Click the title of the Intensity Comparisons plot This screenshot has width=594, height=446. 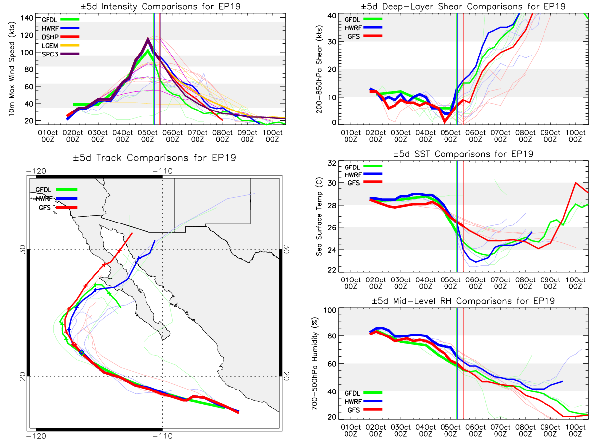pyautogui.click(x=160, y=6)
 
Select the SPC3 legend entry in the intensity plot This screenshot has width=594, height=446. pyautogui.click(x=60, y=54)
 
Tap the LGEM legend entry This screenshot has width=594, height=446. pyautogui.click(x=60, y=45)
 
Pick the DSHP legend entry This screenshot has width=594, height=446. pyautogui.click(x=60, y=37)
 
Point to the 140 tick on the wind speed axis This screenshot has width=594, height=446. pyautogui.click(x=27, y=18)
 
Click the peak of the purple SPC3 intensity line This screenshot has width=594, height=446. pyautogui.click(x=148, y=38)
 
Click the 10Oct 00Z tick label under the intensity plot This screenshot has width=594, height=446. pyautogui.click(x=272, y=136)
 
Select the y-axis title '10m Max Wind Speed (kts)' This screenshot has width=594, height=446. pyautogui.click(x=12, y=69)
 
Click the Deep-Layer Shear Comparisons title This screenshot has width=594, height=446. pyautogui.click(x=463, y=6)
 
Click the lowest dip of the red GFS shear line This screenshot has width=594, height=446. pyautogui.click(x=445, y=122)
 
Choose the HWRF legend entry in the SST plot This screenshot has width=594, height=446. pyautogui.click(x=363, y=175)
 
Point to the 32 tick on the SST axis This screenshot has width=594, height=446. pyautogui.click(x=332, y=163)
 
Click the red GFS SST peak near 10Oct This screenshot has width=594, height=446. pyautogui.click(x=576, y=183)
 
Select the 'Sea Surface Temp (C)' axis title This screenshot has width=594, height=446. pyautogui.click(x=319, y=217)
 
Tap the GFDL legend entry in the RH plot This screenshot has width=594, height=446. pyautogui.click(x=363, y=393)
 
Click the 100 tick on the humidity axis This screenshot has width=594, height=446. pyautogui.click(x=330, y=310)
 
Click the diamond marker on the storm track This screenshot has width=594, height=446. pyautogui.click(x=82, y=352)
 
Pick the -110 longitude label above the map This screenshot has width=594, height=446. pyautogui.click(x=162, y=171)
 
